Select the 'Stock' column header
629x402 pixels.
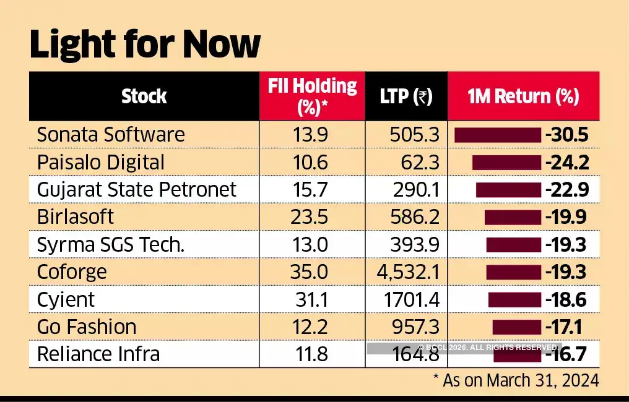pyautogui.click(x=144, y=96)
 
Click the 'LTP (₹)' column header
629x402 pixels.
pyautogui.click(x=406, y=96)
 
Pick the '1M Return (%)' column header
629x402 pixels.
pyautogui.click(x=523, y=96)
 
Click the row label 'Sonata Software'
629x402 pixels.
pyautogui.click(x=111, y=135)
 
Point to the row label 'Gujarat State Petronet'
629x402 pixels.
pyautogui.click(x=136, y=189)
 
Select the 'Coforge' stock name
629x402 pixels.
pyautogui.click(x=72, y=272)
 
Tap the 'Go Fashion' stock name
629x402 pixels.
pyautogui.click(x=87, y=327)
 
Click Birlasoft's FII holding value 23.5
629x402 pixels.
pyautogui.click(x=313, y=217)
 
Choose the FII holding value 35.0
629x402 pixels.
pyautogui.click(x=313, y=272)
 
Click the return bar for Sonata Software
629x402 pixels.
pyautogui.click(x=497, y=135)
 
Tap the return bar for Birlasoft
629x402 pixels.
pyautogui.click(x=513, y=217)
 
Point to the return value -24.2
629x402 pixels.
pyautogui.click(x=566, y=163)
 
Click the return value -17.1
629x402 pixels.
pyautogui.click(x=566, y=327)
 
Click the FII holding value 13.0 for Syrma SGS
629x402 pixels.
pyautogui.click(x=313, y=245)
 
